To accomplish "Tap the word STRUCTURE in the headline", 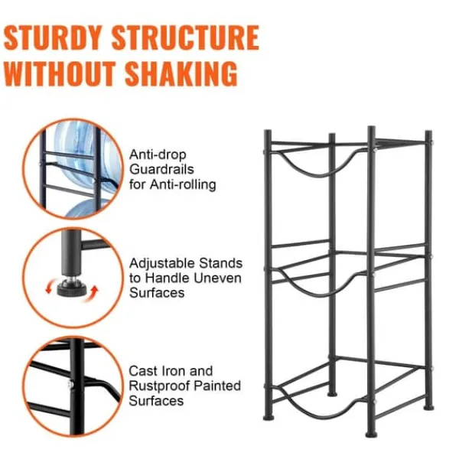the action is [x=185, y=37].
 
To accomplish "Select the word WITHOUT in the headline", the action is [x=59, y=73].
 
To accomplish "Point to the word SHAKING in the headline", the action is [x=181, y=73].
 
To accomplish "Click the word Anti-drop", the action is [x=158, y=155].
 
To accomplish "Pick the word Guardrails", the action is [x=161, y=169].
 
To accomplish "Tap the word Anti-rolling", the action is [x=183, y=184].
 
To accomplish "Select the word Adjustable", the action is [x=162, y=264].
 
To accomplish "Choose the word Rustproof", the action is [x=160, y=386].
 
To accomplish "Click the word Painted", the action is [x=217, y=386].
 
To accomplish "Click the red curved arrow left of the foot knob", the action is [x=50, y=286].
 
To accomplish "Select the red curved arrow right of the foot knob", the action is [x=93, y=294].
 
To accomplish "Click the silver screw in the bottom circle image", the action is [x=70, y=384].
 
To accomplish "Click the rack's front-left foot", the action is [x=269, y=417].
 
